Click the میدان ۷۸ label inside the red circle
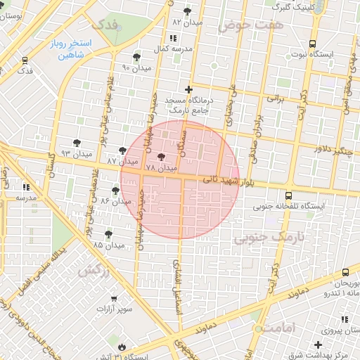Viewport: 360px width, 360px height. pyautogui.click(x=160, y=169)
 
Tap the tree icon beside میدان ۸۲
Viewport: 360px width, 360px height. pyautogui.click(x=187, y=11)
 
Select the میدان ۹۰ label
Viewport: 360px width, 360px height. pyautogui.click(x=136, y=67)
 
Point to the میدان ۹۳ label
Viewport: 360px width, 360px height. pyautogui.click(x=77, y=153)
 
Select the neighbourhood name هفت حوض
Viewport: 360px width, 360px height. pyautogui.click(x=243, y=26)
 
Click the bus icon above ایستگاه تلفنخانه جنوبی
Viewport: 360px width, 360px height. pyautogui.click(x=288, y=196)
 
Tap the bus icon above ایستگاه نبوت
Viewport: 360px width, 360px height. pyautogui.click(x=312, y=43)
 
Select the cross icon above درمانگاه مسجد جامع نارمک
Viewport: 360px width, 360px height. pyautogui.click(x=188, y=89)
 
